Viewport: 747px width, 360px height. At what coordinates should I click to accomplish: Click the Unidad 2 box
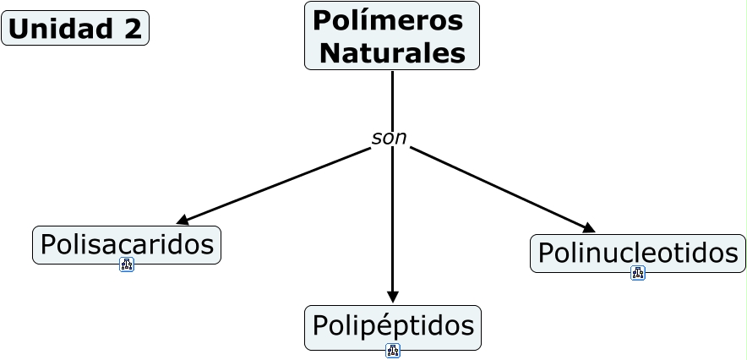75,28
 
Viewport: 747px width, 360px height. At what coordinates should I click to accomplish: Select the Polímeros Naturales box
392,35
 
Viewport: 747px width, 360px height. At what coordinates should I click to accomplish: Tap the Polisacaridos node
127,245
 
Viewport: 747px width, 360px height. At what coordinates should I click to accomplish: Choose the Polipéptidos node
393,327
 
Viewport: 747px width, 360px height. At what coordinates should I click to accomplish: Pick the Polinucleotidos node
638,254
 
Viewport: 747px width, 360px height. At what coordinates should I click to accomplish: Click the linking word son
389,138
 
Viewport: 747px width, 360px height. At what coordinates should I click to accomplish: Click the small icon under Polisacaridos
127,265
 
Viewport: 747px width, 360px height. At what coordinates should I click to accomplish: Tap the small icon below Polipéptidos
393,351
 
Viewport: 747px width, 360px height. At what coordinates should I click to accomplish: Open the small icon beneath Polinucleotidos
638,273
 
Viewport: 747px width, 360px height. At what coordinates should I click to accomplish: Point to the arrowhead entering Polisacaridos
182,221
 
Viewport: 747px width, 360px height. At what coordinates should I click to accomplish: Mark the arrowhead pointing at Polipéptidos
393,297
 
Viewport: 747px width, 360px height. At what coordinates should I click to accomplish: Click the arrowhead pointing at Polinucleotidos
589,228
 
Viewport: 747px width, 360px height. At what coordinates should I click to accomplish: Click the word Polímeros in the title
388,20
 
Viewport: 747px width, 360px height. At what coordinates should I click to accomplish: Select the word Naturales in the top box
393,53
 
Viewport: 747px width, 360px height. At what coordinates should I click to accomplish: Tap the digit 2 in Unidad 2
132,29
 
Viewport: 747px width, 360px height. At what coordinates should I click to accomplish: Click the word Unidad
62,29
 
